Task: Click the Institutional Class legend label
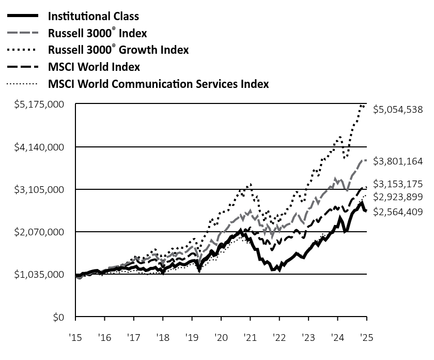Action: (93, 17)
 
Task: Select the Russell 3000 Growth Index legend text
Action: (118, 50)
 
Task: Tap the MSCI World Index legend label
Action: (94, 67)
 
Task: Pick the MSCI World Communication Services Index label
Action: (158, 84)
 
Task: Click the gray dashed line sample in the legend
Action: (22, 33)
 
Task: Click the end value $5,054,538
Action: (398, 110)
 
